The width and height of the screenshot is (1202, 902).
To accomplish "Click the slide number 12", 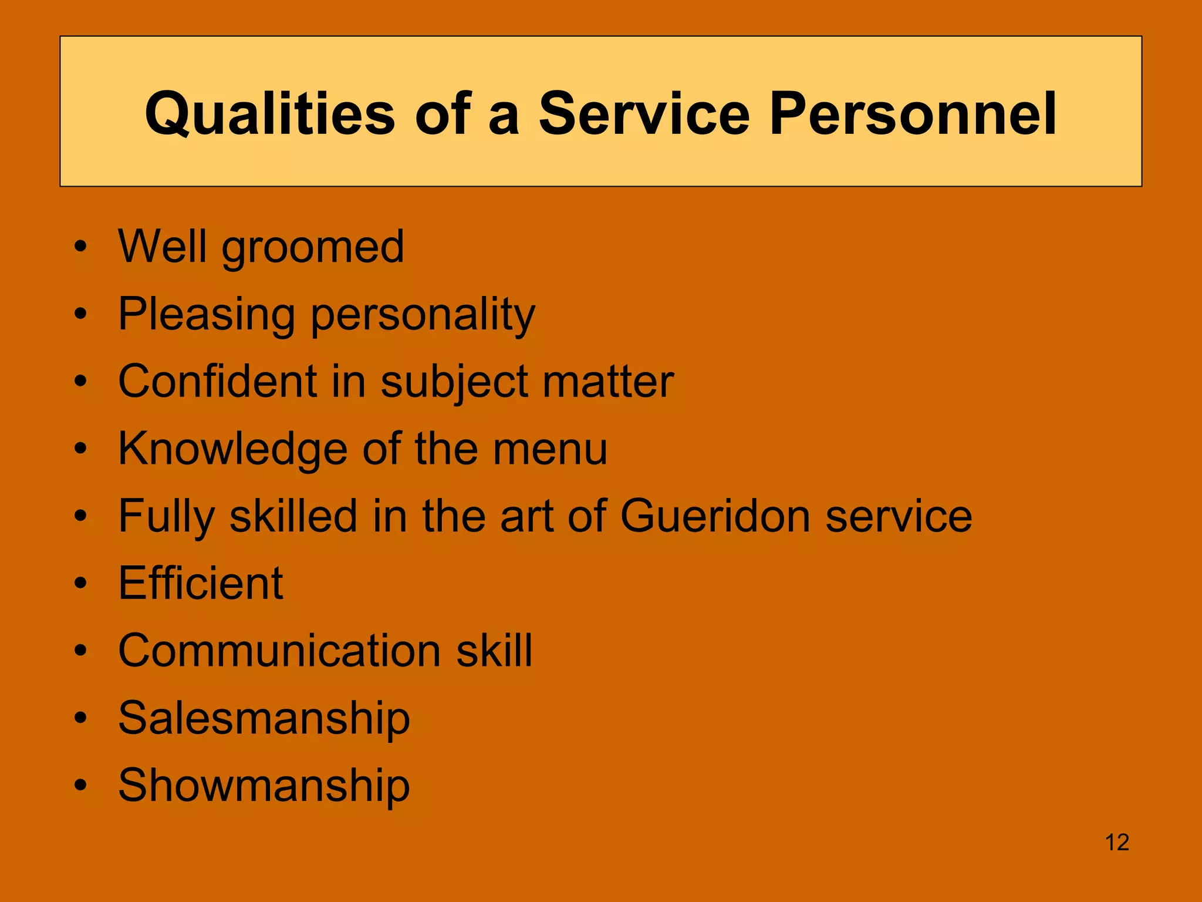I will click(1117, 843).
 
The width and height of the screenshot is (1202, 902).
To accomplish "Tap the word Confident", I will click(218, 382).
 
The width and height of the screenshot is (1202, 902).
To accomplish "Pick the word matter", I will click(608, 382).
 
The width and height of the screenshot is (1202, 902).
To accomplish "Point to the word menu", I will click(550, 449).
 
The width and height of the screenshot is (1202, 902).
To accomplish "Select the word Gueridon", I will click(715, 516).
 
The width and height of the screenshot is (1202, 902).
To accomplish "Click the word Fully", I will click(167, 517).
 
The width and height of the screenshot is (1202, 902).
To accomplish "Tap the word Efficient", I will click(201, 583).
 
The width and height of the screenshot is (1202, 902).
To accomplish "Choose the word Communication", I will click(279, 651).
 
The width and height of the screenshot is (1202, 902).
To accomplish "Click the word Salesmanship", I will click(264, 718).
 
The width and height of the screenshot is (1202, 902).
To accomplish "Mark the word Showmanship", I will click(264, 785).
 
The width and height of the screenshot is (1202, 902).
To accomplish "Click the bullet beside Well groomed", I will click(81, 247).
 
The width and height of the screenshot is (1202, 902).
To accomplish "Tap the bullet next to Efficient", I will click(81, 584).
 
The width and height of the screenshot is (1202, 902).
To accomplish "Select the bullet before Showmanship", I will click(81, 786).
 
